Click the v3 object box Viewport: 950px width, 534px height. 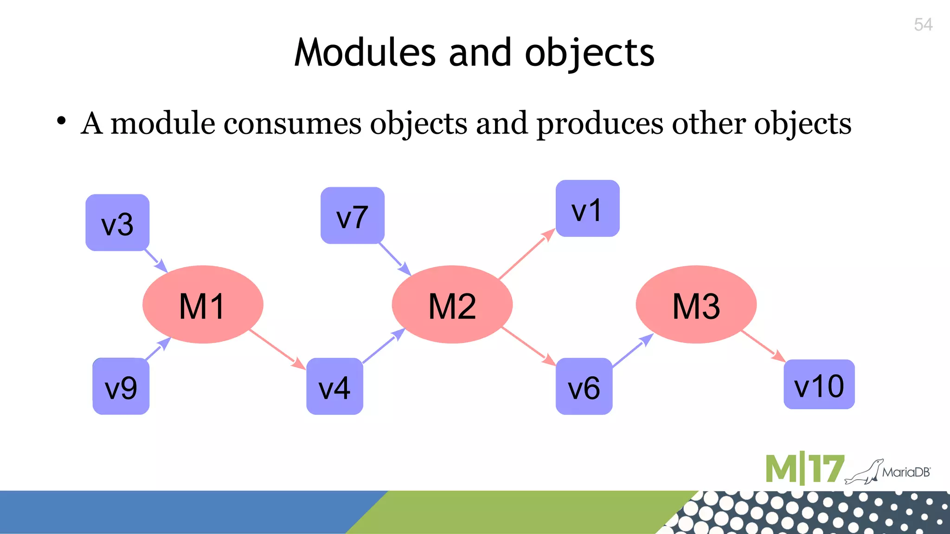(x=117, y=223)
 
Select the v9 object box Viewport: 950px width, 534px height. (x=121, y=386)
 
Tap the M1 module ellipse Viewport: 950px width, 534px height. (x=203, y=305)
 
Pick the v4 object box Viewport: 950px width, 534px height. (x=334, y=386)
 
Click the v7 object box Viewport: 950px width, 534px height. (x=353, y=216)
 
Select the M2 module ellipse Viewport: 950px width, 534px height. (x=452, y=305)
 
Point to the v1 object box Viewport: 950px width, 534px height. (x=588, y=209)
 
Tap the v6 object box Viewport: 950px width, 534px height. (x=584, y=386)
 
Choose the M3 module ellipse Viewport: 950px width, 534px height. (x=696, y=305)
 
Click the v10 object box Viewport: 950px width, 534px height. (x=819, y=384)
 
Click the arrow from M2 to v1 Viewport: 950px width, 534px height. (x=526, y=254)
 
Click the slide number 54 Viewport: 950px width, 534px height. (x=923, y=25)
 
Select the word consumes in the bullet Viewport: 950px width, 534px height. (x=292, y=124)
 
